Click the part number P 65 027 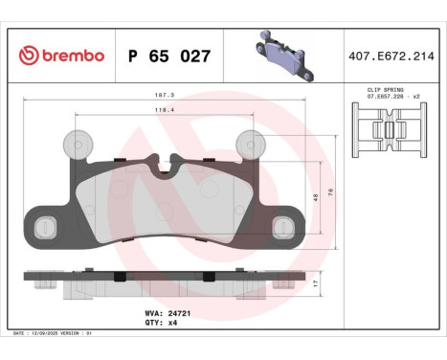pos(168,56)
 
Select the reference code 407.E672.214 pos(391,56)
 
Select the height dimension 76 pos(330,191)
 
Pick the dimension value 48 pos(316,198)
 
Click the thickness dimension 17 pos(316,284)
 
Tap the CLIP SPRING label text pos(386,88)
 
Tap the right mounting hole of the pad pos(281,226)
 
